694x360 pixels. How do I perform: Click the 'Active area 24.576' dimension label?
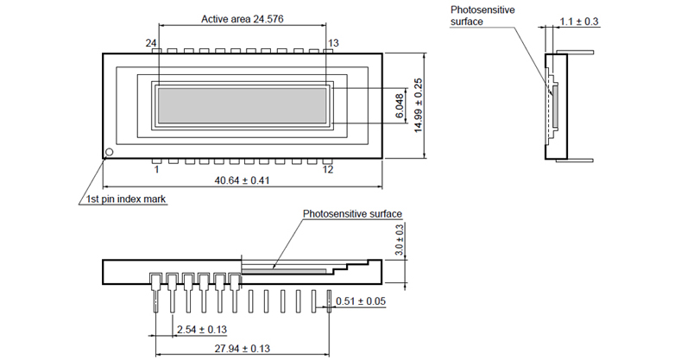tap(242, 18)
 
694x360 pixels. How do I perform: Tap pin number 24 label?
tap(152, 41)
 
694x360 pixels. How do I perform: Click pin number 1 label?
tap(156, 170)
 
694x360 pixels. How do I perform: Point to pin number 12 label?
tap(327, 170)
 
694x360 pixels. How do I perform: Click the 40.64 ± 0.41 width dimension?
tap(242, 182)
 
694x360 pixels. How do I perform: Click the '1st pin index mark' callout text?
tap(126, 199)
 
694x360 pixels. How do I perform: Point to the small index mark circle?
tap(109, 154)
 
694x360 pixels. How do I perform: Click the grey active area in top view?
tap(242, 104)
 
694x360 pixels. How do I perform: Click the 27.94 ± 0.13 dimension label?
tap(242, 349)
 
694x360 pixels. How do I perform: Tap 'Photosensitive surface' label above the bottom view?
tap(352, 213)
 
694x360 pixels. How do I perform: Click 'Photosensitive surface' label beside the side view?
tap(476, 16)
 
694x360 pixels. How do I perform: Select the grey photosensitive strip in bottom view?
tap(285, 269)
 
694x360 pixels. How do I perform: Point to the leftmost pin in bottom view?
tap(154, 294)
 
